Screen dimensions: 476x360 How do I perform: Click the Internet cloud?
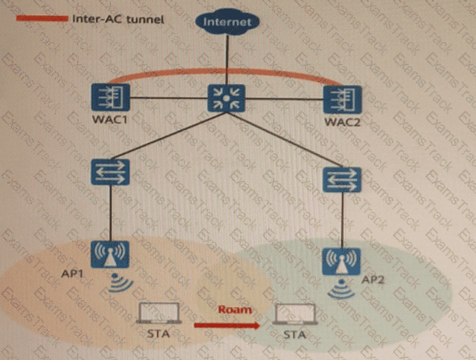227,22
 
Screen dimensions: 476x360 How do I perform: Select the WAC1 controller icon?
110,97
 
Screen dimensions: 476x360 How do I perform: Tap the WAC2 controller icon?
342,99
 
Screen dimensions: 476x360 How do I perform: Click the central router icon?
226,98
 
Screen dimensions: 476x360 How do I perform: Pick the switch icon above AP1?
110,172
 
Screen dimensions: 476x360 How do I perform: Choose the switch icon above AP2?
342,179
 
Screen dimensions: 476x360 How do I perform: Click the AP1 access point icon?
110,254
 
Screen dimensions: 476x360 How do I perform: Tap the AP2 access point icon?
342,261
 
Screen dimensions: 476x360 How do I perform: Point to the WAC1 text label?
110,119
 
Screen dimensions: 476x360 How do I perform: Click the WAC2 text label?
342,123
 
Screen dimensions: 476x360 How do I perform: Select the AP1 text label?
73,274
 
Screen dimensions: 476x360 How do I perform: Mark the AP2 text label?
373,279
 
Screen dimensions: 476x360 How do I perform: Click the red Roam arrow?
227,326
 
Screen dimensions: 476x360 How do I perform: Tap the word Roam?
235,310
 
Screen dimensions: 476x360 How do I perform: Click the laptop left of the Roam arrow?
158,314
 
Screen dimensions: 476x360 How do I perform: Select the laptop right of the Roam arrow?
295,314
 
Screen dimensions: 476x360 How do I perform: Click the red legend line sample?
42,19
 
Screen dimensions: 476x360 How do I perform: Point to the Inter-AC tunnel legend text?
118,20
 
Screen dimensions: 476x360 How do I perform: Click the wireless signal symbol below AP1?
120,282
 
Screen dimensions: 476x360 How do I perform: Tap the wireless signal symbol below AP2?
341,289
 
